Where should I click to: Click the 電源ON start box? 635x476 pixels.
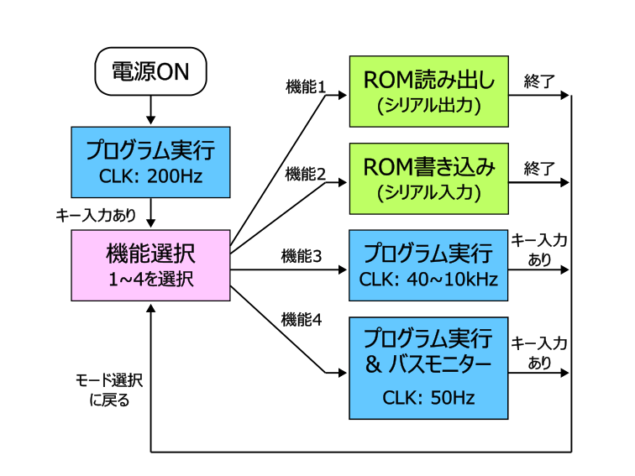150,71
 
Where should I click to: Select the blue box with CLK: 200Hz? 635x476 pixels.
150,162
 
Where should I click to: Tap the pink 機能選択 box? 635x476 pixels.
150,265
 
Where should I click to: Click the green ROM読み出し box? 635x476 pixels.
429,92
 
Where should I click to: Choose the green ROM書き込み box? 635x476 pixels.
429,179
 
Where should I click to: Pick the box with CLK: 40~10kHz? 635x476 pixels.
428,265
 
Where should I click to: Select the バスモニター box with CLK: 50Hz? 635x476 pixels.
428,368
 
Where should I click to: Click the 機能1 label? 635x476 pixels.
306,87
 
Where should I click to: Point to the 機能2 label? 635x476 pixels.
306,174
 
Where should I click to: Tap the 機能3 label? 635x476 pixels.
302,256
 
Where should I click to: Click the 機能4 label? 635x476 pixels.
302,320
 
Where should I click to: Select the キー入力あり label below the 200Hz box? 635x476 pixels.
96,215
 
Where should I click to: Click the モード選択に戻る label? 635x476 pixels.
109,390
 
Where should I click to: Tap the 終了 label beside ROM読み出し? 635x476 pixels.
539,81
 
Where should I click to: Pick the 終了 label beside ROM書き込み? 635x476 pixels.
539,169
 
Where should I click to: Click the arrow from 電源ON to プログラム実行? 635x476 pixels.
150,110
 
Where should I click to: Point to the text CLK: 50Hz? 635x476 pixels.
428,398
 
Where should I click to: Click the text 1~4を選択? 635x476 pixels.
150,280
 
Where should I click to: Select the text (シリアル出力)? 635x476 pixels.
429,105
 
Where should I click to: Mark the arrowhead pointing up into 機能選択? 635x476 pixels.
150,308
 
